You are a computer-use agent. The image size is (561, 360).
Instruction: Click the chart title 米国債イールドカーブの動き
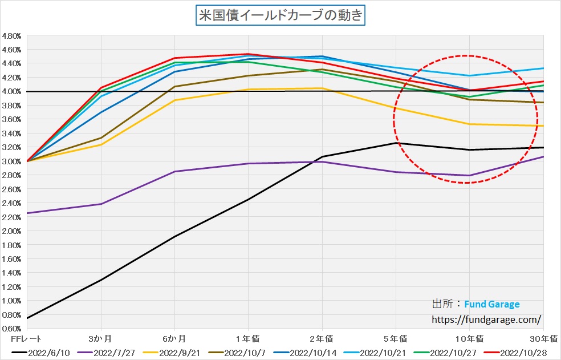tap(280, 15)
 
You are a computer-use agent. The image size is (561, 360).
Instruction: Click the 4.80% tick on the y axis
tap(11, 35)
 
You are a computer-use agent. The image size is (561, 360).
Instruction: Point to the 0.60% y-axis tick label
tap(11, 329)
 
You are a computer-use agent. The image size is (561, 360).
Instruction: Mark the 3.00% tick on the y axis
tap(11, 161)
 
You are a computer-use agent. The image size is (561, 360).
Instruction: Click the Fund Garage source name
tap(491, 304)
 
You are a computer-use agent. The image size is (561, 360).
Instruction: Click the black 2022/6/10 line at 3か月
tap(101, 280)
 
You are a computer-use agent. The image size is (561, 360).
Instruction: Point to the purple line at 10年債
tap(469, 175)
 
